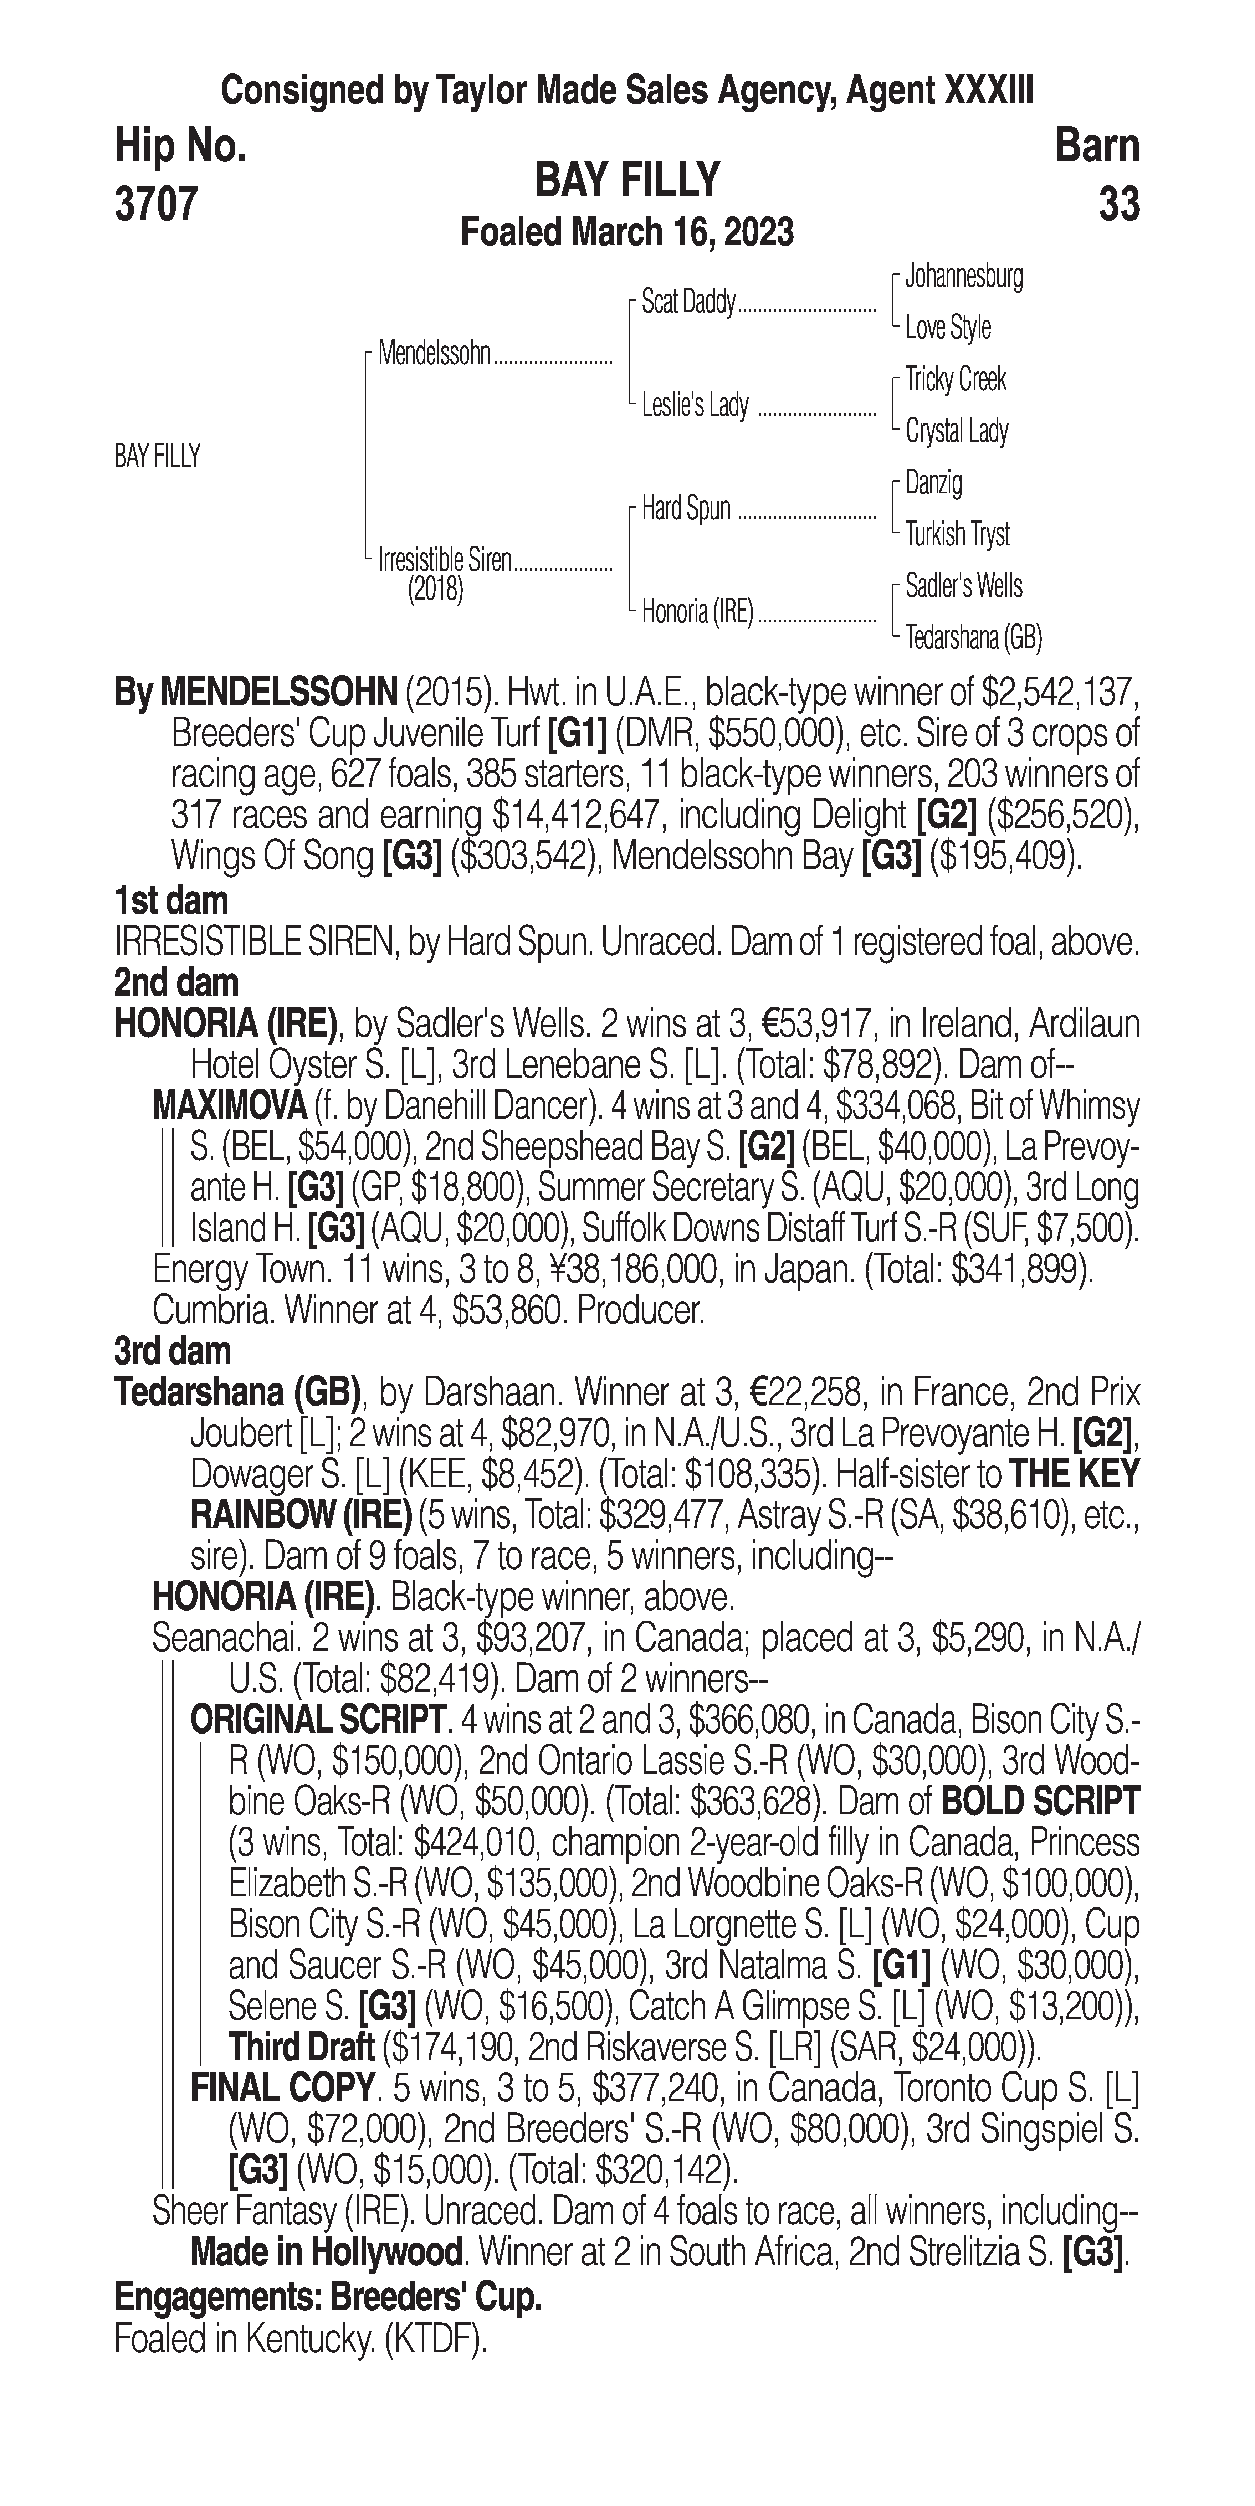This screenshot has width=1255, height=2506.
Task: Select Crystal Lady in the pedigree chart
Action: click(956, 431)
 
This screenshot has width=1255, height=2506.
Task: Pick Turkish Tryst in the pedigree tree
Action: click(957, 534)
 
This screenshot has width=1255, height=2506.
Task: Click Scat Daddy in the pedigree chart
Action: click(688, 303)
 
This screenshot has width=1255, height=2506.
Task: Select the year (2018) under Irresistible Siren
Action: click(435, 591)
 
